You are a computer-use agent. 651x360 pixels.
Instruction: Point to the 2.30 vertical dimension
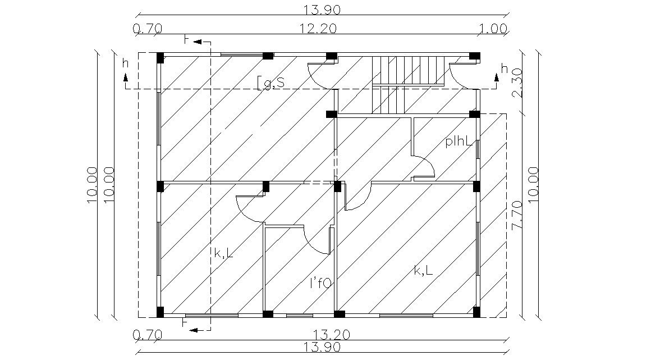(518, 83)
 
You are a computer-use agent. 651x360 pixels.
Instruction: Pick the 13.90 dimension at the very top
(322, 10)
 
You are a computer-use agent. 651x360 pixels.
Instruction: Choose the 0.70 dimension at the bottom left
(148, 335)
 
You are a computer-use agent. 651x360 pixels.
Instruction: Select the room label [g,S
(271, 83)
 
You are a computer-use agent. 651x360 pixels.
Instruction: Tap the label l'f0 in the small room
(321, 284)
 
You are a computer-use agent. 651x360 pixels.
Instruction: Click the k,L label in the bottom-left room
(223, 254)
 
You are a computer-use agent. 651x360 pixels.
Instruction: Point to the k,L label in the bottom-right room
(423, 271)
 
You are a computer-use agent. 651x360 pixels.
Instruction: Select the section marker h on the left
(125, 63)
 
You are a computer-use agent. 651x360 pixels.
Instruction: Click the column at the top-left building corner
(160, 57)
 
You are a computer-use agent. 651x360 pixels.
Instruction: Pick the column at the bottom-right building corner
(476, 312)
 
